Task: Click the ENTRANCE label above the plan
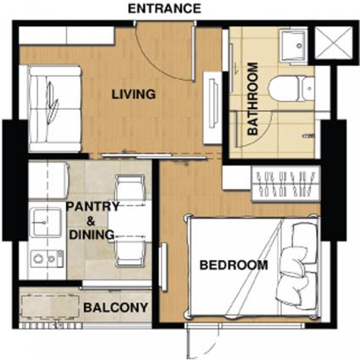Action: pyautogui.click(x=164, y=8)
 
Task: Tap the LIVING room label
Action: pyautogui.click(x=134, y=94)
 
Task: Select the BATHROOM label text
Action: pyautogui.click(x=252, y=98)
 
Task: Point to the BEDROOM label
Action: pyautogui.click(x=234, y=265)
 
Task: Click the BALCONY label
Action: pyautogui.click(x=116, y=307)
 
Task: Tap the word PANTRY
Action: pyautogui.click(x=92, y=207)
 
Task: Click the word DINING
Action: pyautogui.click(x=91, y=235)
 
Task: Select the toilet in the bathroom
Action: pyautogui.click(x=291, y=89)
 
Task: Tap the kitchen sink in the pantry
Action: pyautogui.click(x=46, y=222)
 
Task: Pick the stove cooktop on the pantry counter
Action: pyautogui.click(x=47, y=258)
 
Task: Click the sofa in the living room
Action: pyautogui.click(x=55, y=108)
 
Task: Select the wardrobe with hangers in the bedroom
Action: pyautogui.click(x=286, y=184)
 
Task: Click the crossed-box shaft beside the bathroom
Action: pyautogui.click(x=334, y=43)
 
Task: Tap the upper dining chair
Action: pyautogui.click(x=130, y=188)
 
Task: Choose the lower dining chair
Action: pyautogui.click(x=130, y=252)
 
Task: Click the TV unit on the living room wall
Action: pyautogui.click(x=213, y=108)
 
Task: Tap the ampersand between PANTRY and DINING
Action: pyautogui.click(x=91, y=221)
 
